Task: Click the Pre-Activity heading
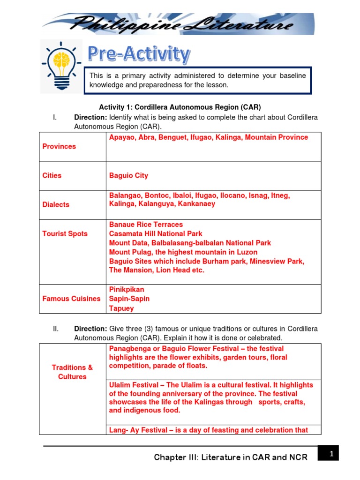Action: tap(139, 54)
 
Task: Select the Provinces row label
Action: tap(59, 146)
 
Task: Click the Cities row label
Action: tap(52, 175)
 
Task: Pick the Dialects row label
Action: tap(56, 204)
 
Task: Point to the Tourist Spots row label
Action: tap(65, 233)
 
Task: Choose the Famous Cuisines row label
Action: tap(72, 299)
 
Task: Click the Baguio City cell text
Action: tap(128, 175)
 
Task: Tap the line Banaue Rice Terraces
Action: tap(146, 225)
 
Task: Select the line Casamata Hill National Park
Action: tap(156, 233)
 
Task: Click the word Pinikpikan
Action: tap(127, 290)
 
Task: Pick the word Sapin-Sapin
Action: tap(129, 299)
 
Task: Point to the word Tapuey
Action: tap(121, 308)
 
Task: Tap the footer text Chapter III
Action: tap(231, 457)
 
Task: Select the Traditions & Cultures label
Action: tap(72, 372)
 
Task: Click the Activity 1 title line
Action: tap(180, 107)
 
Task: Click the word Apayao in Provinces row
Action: tap(122, 137)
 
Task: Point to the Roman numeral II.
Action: tap(56, 329)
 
